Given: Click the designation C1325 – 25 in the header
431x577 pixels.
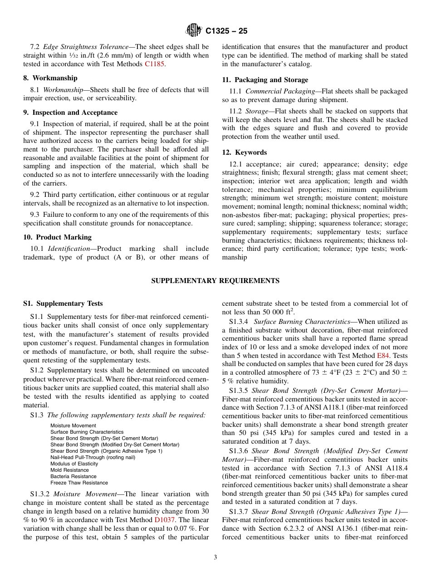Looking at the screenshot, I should (226, 31).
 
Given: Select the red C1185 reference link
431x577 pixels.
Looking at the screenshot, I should (155, 64).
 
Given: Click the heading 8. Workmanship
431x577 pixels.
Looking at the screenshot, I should (50, 78).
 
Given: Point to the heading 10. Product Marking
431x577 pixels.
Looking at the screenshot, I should (57, 237).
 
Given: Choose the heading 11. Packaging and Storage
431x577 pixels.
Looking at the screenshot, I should (265, 80).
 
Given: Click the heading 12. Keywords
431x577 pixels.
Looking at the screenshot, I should (245, 152).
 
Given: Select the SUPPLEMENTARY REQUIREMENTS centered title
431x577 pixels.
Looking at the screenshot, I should (215, 281).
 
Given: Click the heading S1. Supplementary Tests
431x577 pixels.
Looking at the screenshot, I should (63, 303).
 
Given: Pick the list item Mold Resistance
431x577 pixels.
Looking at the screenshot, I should (69, 470).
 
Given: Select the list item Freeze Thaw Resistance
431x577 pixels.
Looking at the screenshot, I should (79, 483).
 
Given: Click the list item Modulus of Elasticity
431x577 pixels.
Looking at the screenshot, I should (74, 464).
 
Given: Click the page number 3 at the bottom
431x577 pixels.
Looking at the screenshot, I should (215, 557).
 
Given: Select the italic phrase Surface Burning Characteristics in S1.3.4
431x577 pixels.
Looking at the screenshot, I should (302, 322).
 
